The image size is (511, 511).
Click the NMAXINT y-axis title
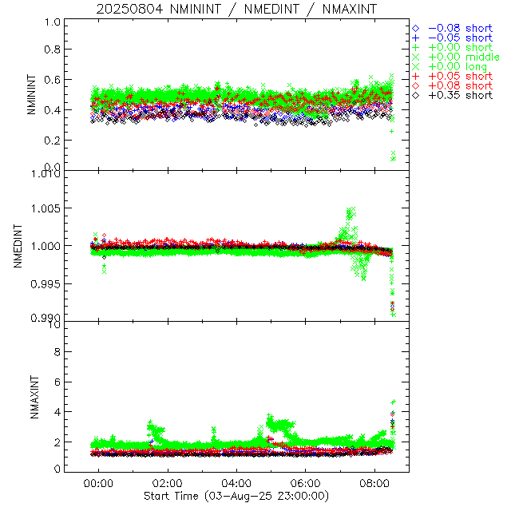[31, 397]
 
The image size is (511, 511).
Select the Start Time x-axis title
[236, 496]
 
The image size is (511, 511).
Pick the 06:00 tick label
[306, 484]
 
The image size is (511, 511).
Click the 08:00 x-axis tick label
[374, 484]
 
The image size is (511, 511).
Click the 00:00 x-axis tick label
[99, 484]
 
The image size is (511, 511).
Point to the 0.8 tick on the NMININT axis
[52, 50]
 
